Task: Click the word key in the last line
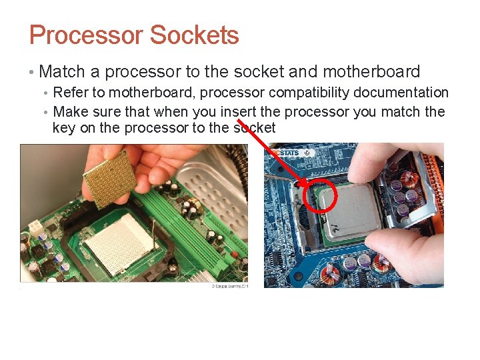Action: click(64, 128)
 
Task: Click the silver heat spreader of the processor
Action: click(351, 210)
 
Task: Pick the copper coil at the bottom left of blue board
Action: click(331, 274)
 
